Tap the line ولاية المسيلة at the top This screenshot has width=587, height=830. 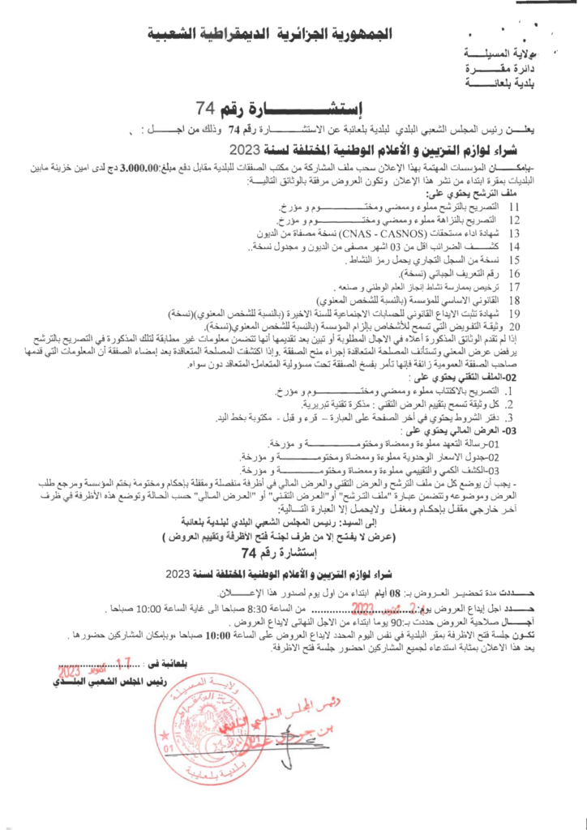[503, 54]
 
